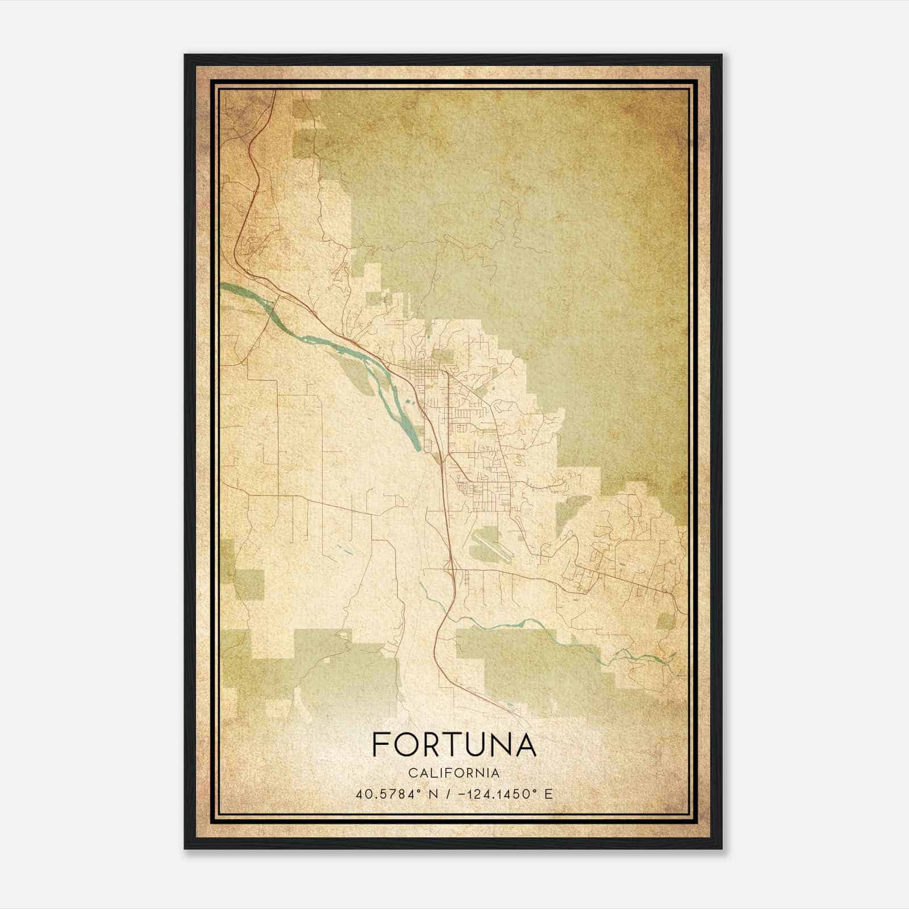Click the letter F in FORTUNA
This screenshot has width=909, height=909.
click(x=380, y=745)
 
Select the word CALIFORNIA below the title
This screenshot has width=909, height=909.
click(x=454, y=773)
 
